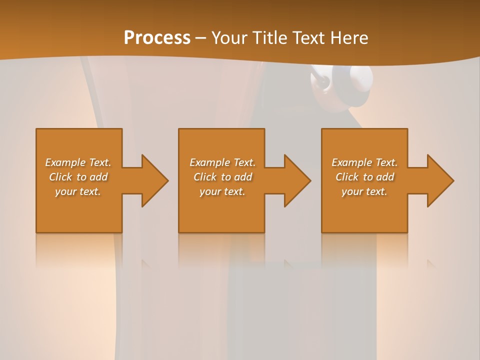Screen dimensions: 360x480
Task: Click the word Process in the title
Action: point(157,38)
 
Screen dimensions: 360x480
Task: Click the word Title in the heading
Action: point(269,38)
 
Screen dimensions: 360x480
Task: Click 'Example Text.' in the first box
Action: point(78,162)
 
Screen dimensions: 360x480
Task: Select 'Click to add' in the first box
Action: point(78,177)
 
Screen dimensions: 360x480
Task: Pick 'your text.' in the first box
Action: point(78,191)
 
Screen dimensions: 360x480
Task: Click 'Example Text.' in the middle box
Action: point(222,162)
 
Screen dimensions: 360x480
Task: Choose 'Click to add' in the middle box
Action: point(222,177)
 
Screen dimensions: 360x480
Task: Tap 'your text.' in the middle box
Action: point(222,191)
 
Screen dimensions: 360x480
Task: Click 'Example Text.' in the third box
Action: point(364,162)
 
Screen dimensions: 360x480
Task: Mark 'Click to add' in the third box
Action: point(364,177)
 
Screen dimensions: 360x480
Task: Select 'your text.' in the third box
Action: point(364,191)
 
